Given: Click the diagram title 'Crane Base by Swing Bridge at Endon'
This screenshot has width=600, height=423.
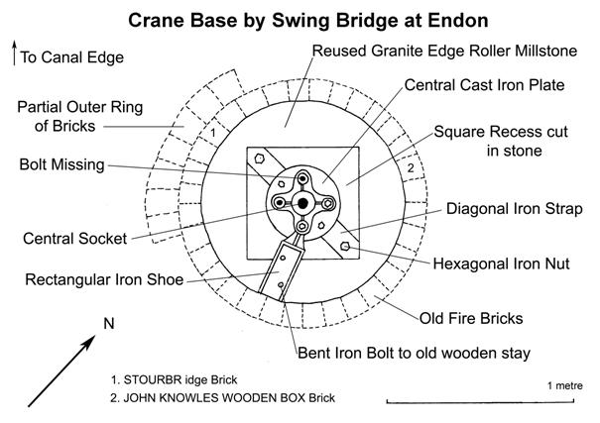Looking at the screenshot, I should click(299, 18).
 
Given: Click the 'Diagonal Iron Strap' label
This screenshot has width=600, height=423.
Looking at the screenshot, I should click(503, 209).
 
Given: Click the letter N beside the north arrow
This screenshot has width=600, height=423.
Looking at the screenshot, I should click(110, 322).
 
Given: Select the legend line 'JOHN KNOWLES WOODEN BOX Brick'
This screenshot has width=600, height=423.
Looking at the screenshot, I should click(223, 398).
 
